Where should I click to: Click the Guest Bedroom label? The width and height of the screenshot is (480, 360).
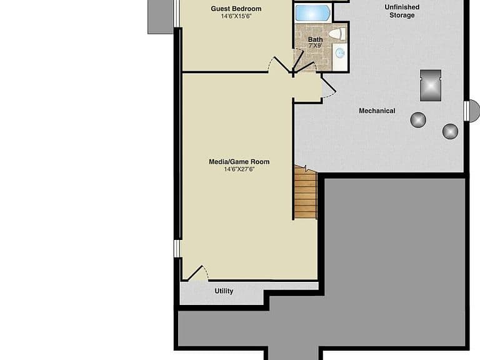236,9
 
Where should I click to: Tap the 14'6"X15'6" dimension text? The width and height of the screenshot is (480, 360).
236,16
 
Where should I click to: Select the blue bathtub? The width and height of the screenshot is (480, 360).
313,13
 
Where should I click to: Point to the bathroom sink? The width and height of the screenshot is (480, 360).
340,53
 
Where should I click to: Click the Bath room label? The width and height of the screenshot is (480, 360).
315,39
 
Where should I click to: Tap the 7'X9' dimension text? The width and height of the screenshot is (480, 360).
315,46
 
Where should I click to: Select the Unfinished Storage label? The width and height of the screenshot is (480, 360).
402,11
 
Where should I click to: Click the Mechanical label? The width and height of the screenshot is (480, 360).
377,111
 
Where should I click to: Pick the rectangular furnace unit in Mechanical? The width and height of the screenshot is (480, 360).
431,86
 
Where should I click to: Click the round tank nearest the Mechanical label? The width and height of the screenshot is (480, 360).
418,120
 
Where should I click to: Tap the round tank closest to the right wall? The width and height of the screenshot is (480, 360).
450,131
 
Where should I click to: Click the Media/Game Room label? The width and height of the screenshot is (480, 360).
239,162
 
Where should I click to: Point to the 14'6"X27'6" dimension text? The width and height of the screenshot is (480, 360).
239,169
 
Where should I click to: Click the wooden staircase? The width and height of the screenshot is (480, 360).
305,192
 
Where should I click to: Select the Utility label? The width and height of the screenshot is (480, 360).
224,291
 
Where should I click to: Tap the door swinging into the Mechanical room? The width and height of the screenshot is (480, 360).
329,87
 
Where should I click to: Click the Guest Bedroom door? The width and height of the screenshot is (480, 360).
280,64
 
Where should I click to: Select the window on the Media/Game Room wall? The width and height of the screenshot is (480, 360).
177,248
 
